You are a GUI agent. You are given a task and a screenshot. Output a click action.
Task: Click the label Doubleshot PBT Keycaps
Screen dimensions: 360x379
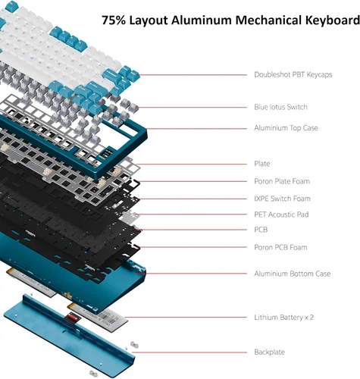click(x=293, y=74)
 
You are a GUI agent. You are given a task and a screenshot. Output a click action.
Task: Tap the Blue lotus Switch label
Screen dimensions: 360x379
click(x=280, y=107)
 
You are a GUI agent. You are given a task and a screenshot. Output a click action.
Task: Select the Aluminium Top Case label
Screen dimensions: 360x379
click(x=286, y=128)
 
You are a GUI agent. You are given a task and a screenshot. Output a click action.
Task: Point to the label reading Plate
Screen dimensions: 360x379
click(x=262, y=164)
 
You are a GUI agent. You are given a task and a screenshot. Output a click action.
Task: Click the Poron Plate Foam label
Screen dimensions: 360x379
click(x=282, y=181)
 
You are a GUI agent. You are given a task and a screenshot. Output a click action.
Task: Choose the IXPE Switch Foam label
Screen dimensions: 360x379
click(x=282, y=199)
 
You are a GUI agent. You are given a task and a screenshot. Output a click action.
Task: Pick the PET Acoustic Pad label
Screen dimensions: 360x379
click(x=281, y=215)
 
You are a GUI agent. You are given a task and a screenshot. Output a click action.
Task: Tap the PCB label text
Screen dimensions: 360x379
click(x=261, y=230)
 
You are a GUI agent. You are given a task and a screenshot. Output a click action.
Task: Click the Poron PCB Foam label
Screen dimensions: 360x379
click(x=280, y=247)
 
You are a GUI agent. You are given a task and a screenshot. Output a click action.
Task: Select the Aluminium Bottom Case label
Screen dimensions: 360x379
click(x=293, y=274)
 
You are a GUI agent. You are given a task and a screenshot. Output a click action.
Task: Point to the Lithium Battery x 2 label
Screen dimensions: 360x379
click(x=284, y=318)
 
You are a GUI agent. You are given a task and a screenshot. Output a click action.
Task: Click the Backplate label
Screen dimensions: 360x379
click(x=269, y=352)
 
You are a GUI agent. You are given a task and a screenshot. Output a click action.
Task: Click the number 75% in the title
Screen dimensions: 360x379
click(x=114, y=20)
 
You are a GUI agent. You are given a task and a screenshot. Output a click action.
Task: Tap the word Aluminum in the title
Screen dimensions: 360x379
click(x=202, y=20)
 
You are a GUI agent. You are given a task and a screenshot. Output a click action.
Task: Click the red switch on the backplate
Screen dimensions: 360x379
click(x=72, y=316)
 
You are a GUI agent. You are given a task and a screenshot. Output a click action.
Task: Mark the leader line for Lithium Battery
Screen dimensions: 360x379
click(x=186, y=318)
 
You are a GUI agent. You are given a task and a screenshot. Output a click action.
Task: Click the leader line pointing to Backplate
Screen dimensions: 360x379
click(x=189, y=352)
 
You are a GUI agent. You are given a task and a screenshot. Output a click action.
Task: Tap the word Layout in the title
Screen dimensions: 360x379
click(x=149, y=20)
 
